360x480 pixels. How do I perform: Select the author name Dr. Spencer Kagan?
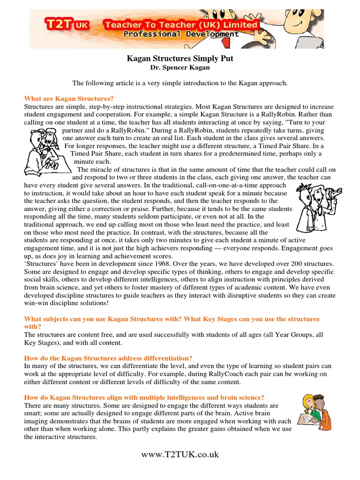click(180, 68)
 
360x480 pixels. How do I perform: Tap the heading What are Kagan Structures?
click(69, 98)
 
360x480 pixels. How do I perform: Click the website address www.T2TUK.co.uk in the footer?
click(180, 454)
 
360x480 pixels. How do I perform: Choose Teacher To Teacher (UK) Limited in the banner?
click(180, 24)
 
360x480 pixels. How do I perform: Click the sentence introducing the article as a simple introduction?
click(180, 83)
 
